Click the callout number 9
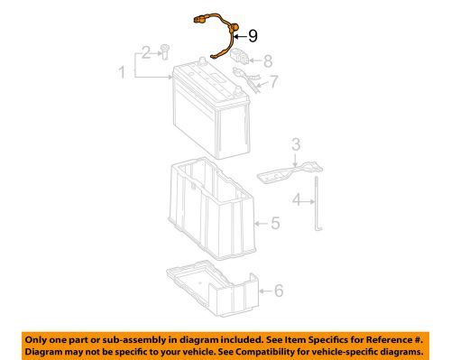pyautogui.click(x=252, y=35)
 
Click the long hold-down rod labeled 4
pyautogui.click(x=318, y=206)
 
